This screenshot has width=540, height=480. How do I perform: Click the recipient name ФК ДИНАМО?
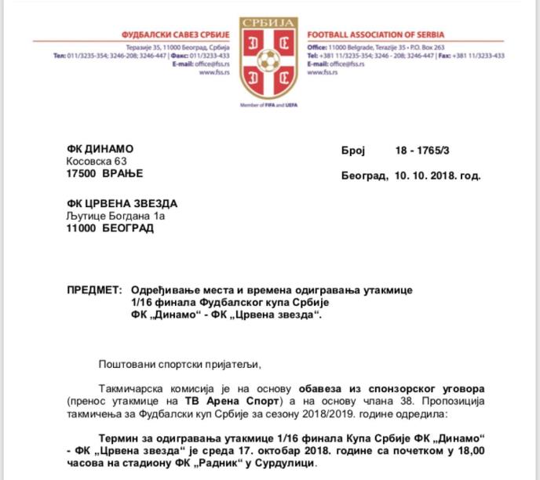coord(100,149)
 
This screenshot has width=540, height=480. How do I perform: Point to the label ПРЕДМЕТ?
coord(96,290)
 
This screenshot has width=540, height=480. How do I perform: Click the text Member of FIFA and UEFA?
coord(270,104)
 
